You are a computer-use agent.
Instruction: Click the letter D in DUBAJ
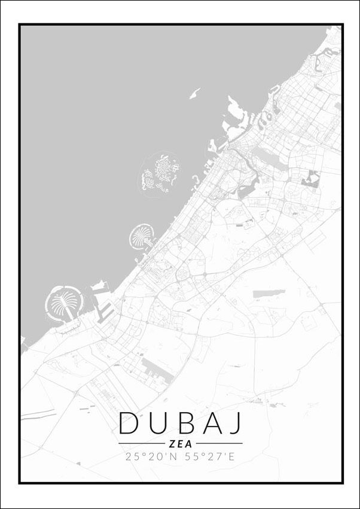(129, 423)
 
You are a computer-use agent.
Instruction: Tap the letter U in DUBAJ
(158, 423)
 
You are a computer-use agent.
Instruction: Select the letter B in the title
(185, 423)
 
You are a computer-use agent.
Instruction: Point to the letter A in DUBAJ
(212, 423)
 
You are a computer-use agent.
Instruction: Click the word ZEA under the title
(180, 444)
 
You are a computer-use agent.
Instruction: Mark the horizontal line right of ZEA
(219, 444)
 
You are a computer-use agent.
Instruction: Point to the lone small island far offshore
(194, 93)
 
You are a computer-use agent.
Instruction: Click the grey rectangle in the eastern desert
(269, 294)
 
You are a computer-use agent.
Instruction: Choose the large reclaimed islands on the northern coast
(236, 117)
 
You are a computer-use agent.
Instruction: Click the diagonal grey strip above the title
(157, 369)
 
